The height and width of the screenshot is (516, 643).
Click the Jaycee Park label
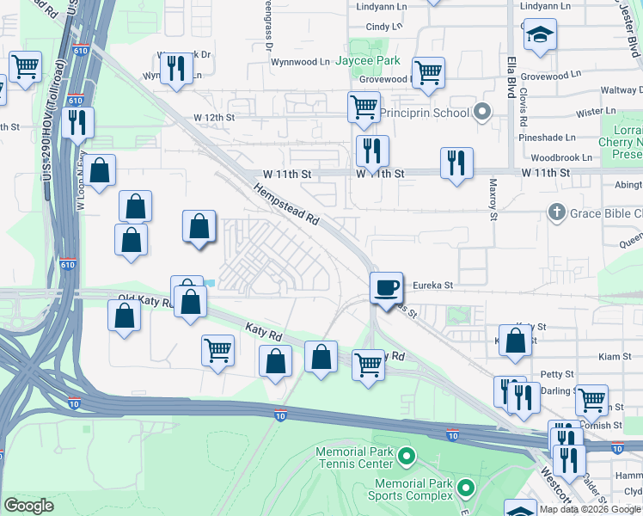point(368,61)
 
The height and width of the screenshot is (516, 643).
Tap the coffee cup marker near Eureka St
point(387,286)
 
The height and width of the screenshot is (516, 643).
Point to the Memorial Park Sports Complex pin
point(466,488)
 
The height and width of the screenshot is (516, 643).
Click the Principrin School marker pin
point(482,113)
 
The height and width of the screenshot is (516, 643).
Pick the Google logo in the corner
point(28,506)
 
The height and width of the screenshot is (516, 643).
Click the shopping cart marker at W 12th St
point(364,107)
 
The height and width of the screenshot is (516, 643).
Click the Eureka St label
point(432,285)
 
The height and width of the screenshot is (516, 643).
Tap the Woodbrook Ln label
point(561,157)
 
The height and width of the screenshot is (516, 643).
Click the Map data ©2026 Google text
point(590,509)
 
